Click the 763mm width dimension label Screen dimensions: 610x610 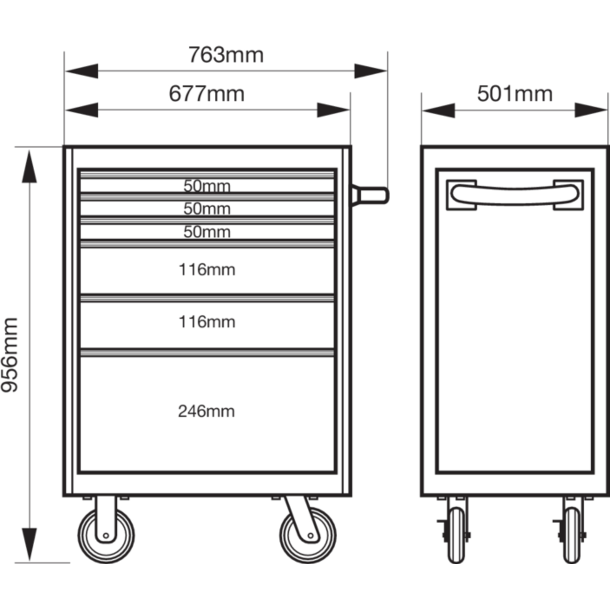(x=226, y=55)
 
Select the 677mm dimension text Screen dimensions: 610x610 (x=207, y=94)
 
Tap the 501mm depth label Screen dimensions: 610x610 (x=515, y=94)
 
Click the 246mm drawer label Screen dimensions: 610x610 (x=206, y=411)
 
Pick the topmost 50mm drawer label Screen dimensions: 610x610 (x=207, y=186)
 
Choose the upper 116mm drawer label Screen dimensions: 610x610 (x=207, y=270)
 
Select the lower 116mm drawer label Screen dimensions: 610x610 (x=207, y=322)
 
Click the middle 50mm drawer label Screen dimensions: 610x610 (x=207, y=209)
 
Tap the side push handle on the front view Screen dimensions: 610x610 (x=370, y=196)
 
